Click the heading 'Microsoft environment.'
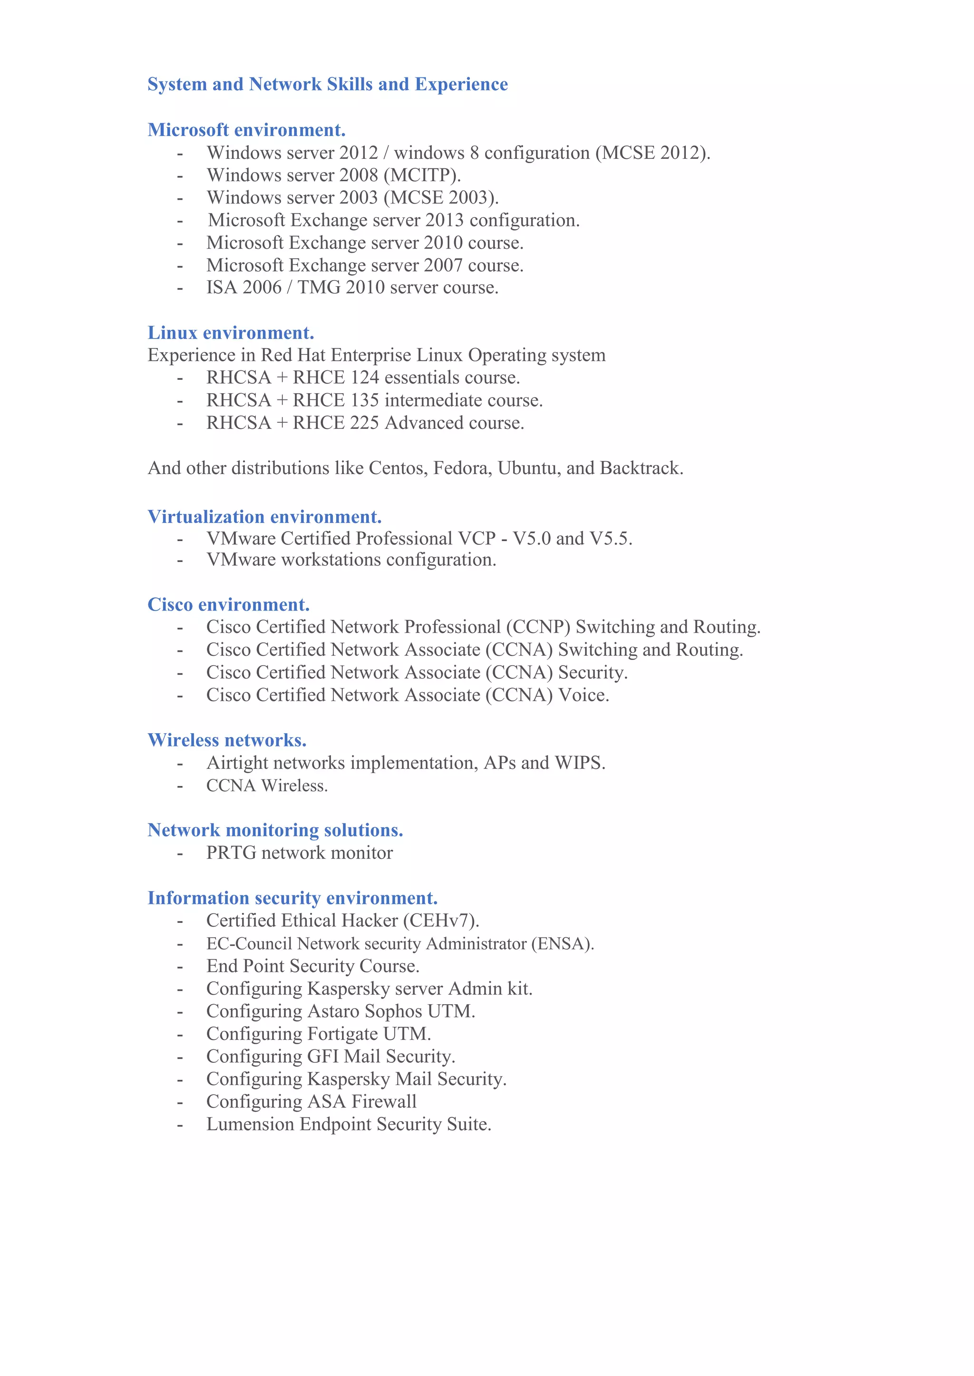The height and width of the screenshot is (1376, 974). (x=246, y=130)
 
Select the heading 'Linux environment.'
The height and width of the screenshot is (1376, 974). (x=231, y=333)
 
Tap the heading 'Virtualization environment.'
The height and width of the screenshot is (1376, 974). (x=264, y=517)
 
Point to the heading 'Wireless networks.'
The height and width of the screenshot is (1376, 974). (x=227, y=740)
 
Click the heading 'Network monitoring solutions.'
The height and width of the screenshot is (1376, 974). (x=275, y=830)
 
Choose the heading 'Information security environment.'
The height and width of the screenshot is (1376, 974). (x=292, y=898)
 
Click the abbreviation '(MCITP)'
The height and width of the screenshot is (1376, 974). (x=422, y=175)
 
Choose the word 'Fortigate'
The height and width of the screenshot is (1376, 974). (x=342, y=1034)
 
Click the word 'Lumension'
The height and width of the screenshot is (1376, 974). (x=250, y=1125)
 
